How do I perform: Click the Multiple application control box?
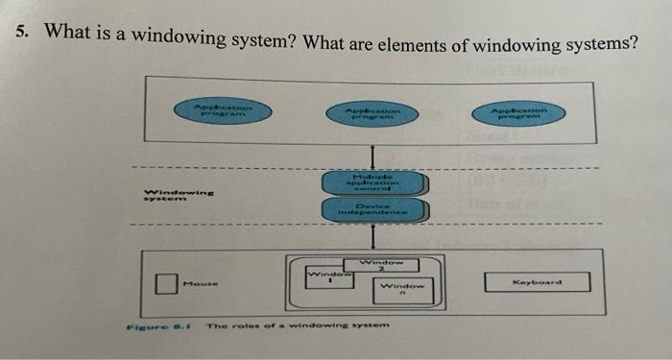tap(374, 182)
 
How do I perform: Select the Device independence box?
tap(374, 210)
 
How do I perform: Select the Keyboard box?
tap(535, 283)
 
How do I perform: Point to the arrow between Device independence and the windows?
tap(374, 237)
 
